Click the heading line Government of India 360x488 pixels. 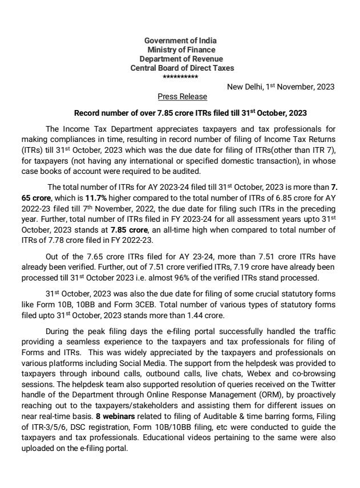(x=180, y=40)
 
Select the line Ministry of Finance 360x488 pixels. (x=180, y=50)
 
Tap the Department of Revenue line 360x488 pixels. (x=180, y=59)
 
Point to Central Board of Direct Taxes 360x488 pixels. (x=180, y=68)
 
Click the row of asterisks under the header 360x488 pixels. (x=180, y=77)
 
